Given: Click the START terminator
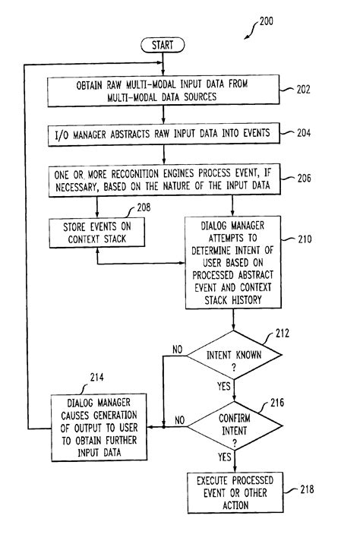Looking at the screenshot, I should click(163, 46).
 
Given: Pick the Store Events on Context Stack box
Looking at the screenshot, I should click(97, 233).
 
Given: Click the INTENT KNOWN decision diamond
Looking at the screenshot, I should click(233, 358).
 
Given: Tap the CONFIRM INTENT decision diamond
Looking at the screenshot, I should click(233, 426).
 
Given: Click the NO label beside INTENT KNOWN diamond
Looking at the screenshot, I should click(176, 351).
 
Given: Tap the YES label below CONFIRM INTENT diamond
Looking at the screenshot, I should click(224, 457).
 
